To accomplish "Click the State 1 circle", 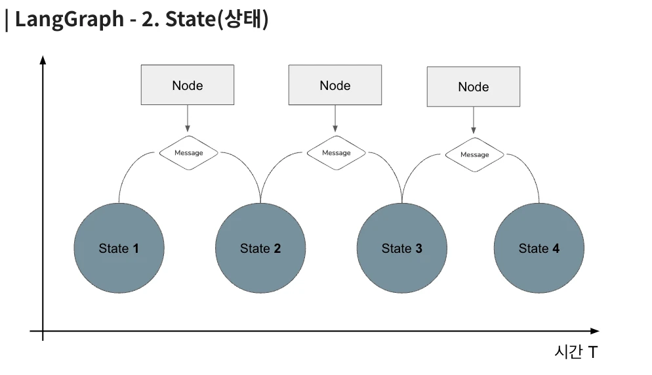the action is (119, 248).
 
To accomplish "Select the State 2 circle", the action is (260, 248).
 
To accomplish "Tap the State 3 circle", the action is (401, 248).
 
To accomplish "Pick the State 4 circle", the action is (539, 248).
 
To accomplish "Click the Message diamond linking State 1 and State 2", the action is (189, 153).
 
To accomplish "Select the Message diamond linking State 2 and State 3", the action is (336, 153).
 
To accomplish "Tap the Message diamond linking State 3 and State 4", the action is (474, 154).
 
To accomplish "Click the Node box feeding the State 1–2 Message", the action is (188, 85).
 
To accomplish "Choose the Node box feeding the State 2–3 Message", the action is (335, 85).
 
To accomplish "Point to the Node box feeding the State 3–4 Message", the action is (474, 87).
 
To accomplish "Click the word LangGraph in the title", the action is (70, 20).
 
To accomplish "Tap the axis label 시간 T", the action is (576, 352).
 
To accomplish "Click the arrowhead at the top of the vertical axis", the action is (43, 60).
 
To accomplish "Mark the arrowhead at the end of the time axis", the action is (595, 331).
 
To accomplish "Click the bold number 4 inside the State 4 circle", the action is (556, 248).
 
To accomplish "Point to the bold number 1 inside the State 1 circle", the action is (136, 248).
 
